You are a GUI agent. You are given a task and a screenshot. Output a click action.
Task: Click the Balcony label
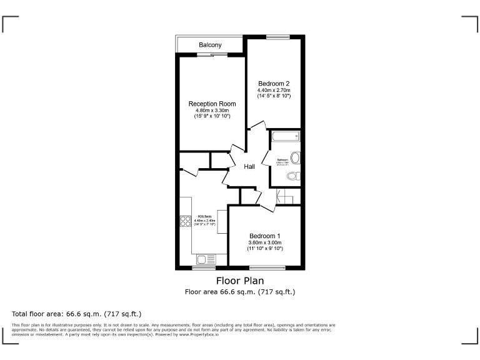coord(209,45)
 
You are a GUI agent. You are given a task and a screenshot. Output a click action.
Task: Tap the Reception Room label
coord(212,104)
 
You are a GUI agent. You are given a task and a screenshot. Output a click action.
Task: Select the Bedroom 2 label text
coord(274,83)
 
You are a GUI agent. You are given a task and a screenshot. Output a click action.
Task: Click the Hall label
coord(249,167)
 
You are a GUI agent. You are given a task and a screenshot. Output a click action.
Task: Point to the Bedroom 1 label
coord(265,236)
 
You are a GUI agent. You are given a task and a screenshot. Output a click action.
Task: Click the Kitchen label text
coord(204,216)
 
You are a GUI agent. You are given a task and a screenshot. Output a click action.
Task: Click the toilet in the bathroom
coord(293,177)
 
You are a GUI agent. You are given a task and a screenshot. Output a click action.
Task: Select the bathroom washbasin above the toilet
coord(295,157)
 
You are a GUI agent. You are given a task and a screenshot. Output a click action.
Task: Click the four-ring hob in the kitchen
coord(186,221)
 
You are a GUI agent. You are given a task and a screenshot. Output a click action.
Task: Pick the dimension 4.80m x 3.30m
coord(212,110)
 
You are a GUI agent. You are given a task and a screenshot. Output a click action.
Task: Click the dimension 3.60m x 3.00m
coord(265,242)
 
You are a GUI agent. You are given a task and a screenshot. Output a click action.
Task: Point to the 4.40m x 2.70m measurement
coord(274,89)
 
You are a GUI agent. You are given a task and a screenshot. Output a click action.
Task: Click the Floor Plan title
coord(240,281)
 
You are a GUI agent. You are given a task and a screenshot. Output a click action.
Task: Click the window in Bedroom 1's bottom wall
coord(267,268)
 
